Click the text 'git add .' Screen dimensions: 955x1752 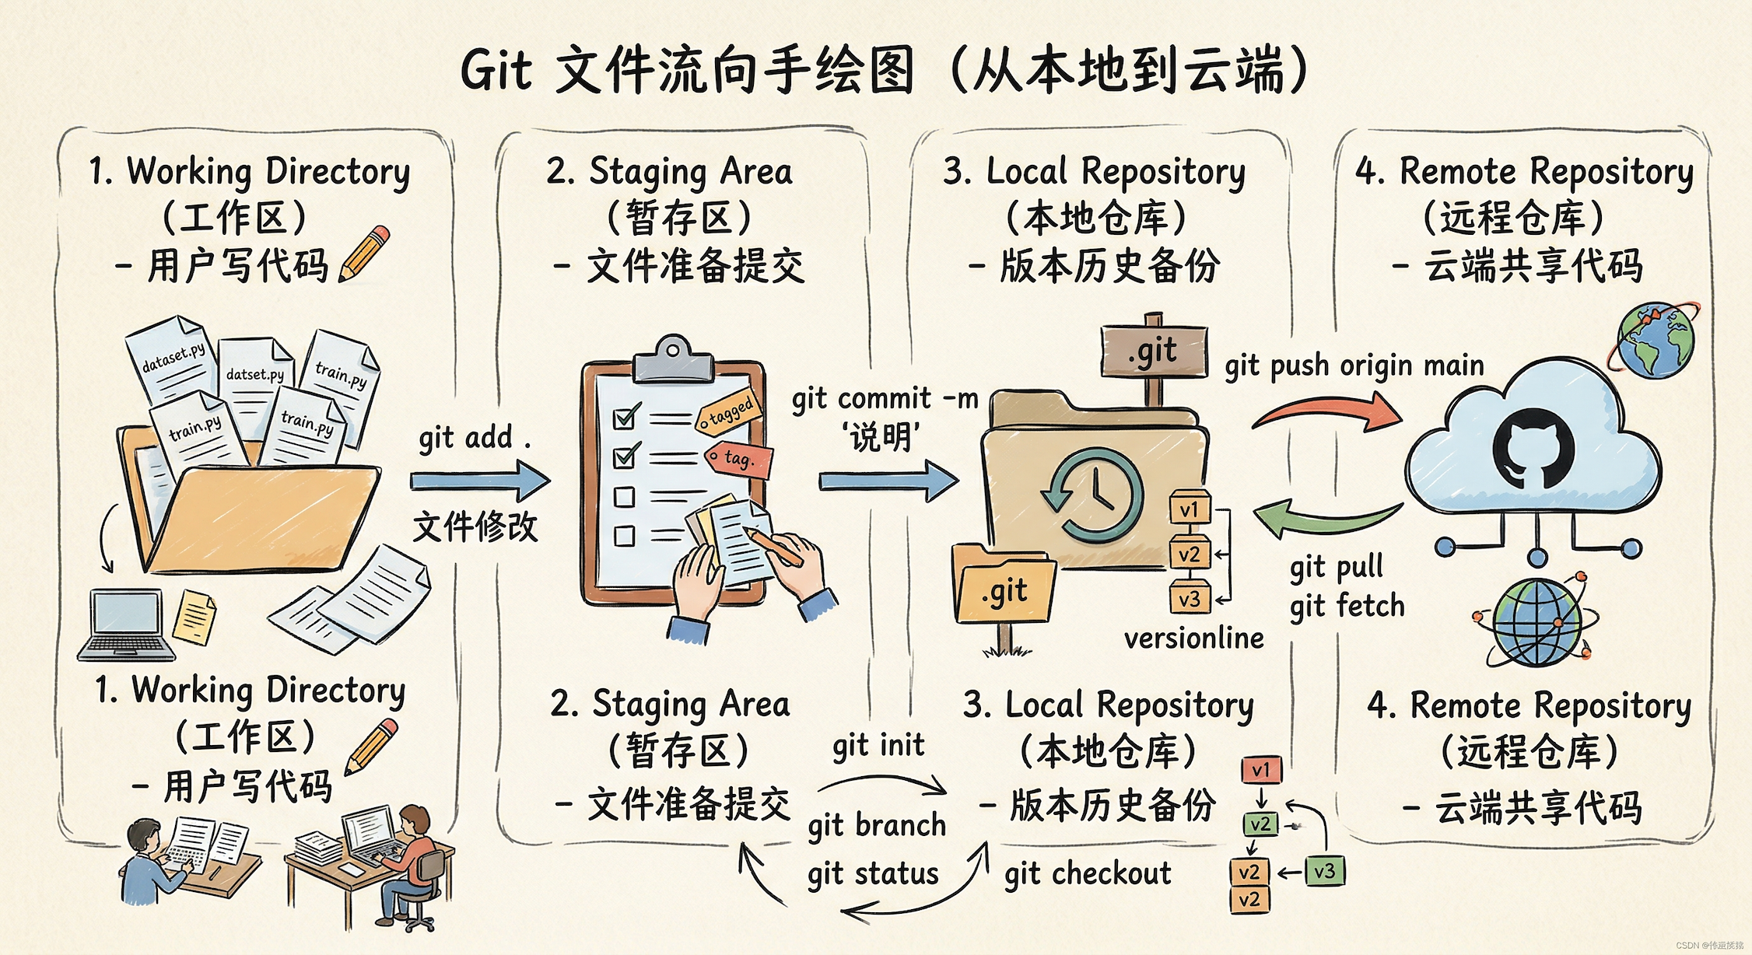(474, 438)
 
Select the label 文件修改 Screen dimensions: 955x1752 (475, 526)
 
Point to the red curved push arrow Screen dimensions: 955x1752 (1326, 413)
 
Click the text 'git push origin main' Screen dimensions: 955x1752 (1354, 366)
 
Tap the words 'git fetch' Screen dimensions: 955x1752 (1347, 606)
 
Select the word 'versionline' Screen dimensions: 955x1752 (1193, 638)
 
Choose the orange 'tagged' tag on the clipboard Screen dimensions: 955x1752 (728, 413)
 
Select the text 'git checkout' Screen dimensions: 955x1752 (1087, 874)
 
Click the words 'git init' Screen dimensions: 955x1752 (878, 745)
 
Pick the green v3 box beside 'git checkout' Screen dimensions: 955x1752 (1324, 871)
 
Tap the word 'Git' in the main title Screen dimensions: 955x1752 (496, 71)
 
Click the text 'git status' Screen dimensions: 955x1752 (873, 874)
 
